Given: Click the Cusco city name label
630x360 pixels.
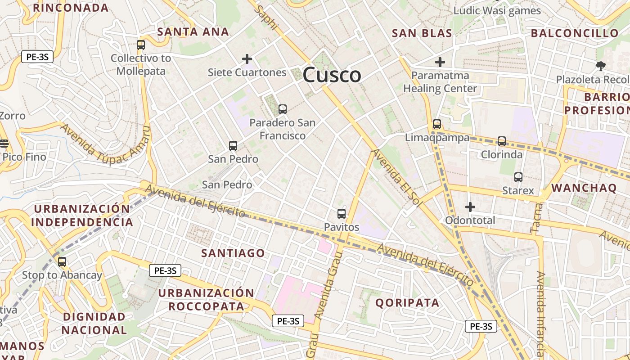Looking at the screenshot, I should [332, 75].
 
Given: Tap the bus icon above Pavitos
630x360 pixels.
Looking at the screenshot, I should [342, 214].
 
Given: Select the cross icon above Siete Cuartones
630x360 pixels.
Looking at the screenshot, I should [247, 59].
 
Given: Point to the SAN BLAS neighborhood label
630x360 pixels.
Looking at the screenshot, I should [422, 33].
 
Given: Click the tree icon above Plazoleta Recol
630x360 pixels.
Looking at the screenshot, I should [600, 66].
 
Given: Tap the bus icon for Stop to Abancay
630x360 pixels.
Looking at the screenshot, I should [62, 261].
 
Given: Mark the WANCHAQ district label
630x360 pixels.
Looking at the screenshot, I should [584, 188].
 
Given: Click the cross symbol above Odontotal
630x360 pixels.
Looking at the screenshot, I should [470, 207].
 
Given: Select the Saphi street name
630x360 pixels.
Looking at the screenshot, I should [265, 18].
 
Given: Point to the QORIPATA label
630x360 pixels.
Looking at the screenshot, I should [407, 302].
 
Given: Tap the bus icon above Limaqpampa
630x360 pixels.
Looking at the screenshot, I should [437, 124].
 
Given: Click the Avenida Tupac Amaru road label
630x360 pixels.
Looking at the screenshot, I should [104, 143].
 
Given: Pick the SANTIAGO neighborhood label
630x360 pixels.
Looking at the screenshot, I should [233, 253].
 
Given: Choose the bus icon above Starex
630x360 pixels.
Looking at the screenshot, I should [518, 177].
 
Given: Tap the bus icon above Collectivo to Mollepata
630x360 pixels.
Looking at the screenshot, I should [141, 45].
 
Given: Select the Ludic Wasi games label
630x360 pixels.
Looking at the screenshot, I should [497, 10].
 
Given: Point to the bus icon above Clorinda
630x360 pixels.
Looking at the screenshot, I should [502, 141].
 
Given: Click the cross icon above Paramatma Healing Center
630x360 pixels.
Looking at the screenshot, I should [440, 62].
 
